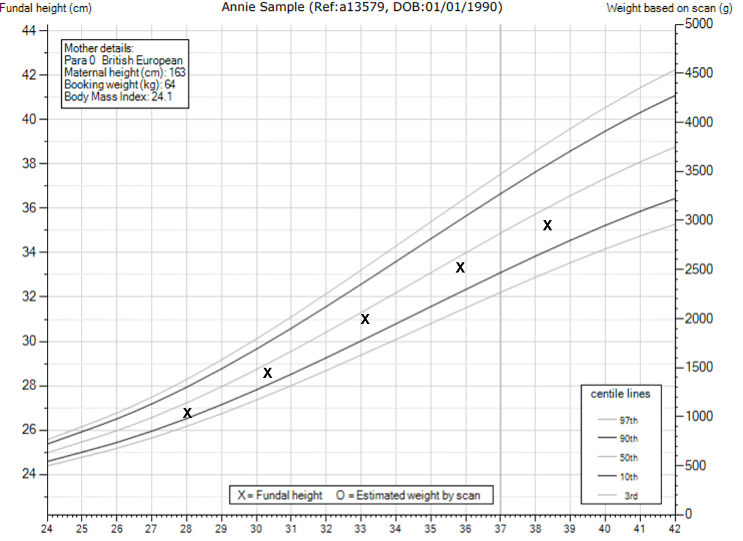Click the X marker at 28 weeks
point(188,413)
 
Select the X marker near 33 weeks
point(365,319)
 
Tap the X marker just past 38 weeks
point(547,226)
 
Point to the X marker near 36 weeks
point(460,268)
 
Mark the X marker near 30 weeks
point(268,372)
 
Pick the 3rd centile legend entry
point(631,496)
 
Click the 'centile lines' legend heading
point(620,394)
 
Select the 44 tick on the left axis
point(29,31)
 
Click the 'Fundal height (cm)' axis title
point(46,9)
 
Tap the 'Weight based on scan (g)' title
point(669,9)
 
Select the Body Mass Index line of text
point(116,97)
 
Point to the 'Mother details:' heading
point(99,48)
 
